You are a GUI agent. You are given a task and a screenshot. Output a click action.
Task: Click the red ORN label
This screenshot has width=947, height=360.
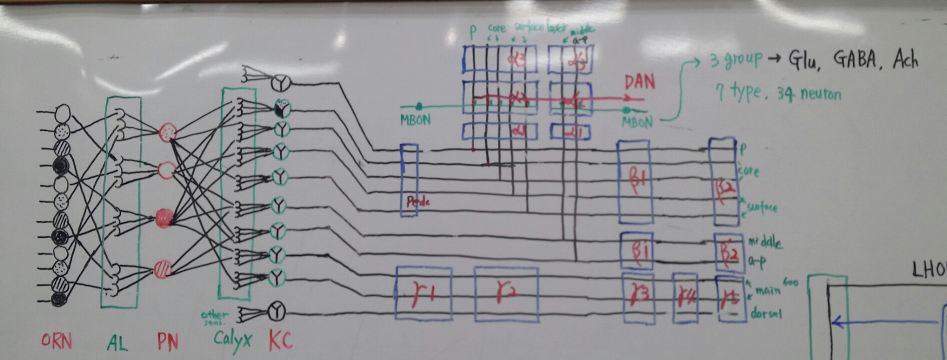[56, 342]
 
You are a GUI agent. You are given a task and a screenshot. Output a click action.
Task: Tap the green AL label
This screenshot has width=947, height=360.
[117, 343]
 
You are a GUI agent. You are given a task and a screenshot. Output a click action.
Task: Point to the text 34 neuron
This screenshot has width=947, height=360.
[809, 93]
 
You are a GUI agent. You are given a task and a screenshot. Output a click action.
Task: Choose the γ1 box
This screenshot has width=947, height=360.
[424, 294]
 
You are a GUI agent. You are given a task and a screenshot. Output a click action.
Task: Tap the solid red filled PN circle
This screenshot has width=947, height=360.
[164, 218]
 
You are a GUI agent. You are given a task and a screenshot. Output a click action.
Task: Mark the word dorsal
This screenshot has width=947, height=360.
[766, 314]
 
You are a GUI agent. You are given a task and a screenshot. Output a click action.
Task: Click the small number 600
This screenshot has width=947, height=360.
[790, 283]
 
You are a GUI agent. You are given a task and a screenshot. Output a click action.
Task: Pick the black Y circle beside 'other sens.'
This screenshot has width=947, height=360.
[276, 312]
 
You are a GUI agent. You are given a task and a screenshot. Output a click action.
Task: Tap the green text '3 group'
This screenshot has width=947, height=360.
[736, 60]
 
